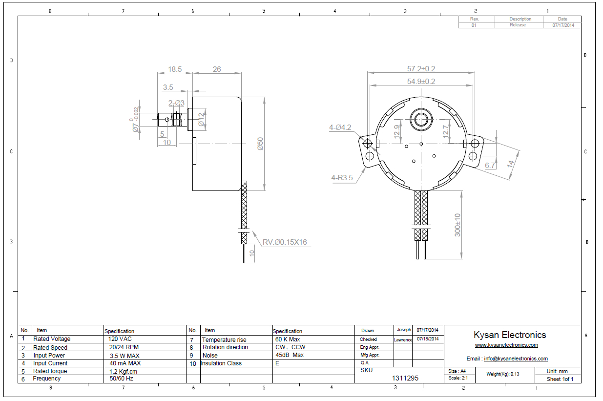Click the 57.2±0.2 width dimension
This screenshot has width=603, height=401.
point(421,69)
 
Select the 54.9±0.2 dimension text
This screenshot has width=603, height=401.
point(421,82)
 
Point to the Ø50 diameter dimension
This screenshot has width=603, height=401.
point(260,144)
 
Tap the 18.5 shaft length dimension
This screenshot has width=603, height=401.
point(175,69)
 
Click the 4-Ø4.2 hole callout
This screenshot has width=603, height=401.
point(340,127)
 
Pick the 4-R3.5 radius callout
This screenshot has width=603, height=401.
point(342,178)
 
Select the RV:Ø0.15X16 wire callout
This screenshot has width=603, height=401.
point(285,242)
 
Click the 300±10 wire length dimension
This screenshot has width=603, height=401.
point(457,225)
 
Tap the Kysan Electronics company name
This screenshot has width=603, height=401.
point(510,335)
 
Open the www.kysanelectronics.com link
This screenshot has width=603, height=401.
point(506,345)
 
